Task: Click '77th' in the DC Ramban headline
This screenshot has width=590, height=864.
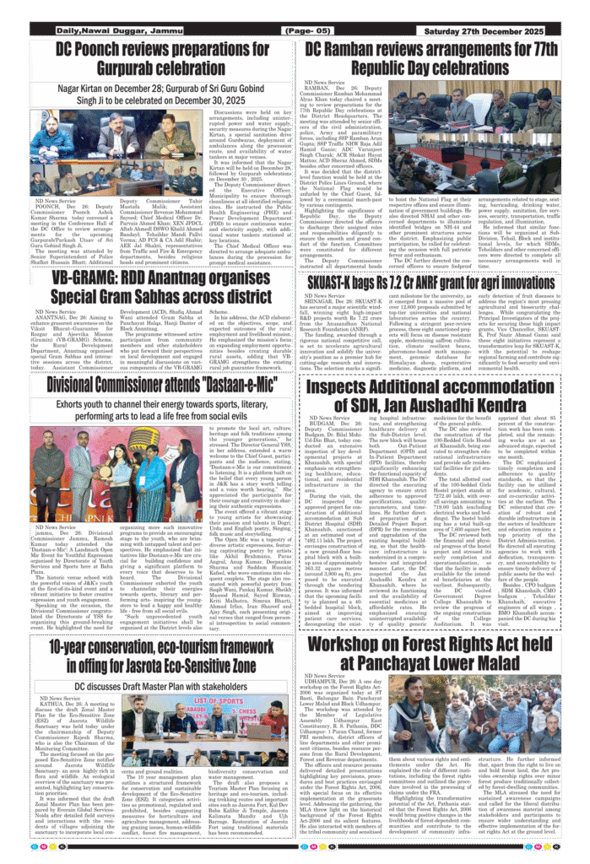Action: coord(539,49)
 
